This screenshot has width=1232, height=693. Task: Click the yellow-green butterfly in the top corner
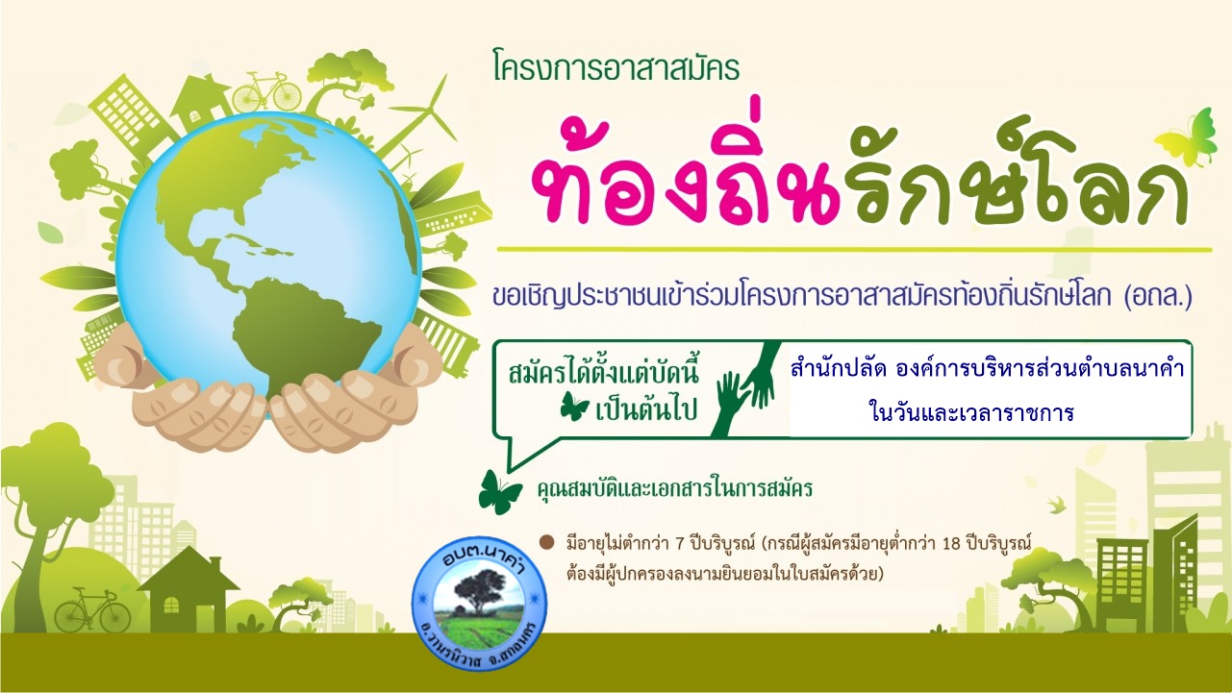(1187, 137)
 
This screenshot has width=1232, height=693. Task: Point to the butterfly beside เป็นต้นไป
(575, 408)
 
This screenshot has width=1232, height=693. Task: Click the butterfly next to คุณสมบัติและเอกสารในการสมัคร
(499, 492)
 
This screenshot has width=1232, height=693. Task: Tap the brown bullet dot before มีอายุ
(546, 543)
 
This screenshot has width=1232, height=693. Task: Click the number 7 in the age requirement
(679, 544)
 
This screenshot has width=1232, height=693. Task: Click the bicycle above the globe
(266, 91)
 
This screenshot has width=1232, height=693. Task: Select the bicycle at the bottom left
(92, 609)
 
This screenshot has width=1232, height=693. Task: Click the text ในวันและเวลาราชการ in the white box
(972, 412)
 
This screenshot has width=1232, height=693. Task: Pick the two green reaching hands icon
(745, 389)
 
